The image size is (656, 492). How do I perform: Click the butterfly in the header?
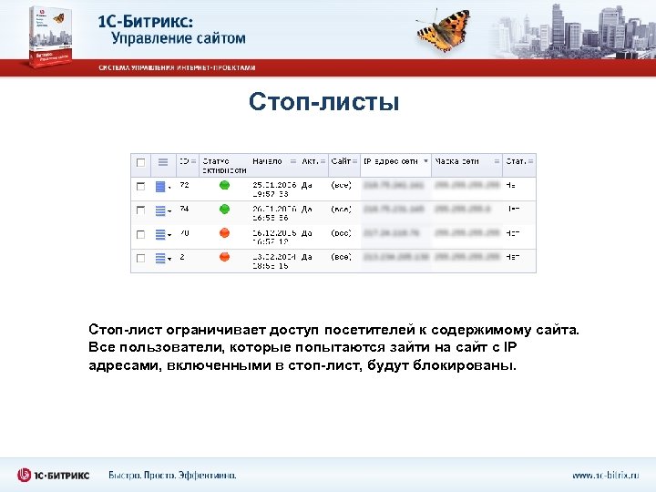coord(444,30)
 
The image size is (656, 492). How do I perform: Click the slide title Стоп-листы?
coord(323,101)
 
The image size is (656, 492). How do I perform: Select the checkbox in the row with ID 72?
coord(140,186)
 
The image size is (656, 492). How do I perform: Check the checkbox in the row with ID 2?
coord(140,259)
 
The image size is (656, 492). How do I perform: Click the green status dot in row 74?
coord(224,210)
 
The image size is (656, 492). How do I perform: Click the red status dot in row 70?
coord(224,234)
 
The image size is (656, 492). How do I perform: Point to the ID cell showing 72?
coord(184,185)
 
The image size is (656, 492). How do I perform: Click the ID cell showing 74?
coord(184,209)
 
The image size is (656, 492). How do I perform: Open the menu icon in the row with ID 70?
coord(161,235)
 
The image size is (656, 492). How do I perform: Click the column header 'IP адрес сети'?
coord(391,161)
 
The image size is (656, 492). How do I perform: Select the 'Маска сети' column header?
coord(457,161)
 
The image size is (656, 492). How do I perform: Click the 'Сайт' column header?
coord(341,161)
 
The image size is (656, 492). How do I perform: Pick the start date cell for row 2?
coord(271,261)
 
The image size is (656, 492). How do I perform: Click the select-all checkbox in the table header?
coord(140,162)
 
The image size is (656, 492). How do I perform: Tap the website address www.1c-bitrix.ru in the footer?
coord(605,475)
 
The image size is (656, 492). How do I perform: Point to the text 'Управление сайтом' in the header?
coord(178,38)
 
